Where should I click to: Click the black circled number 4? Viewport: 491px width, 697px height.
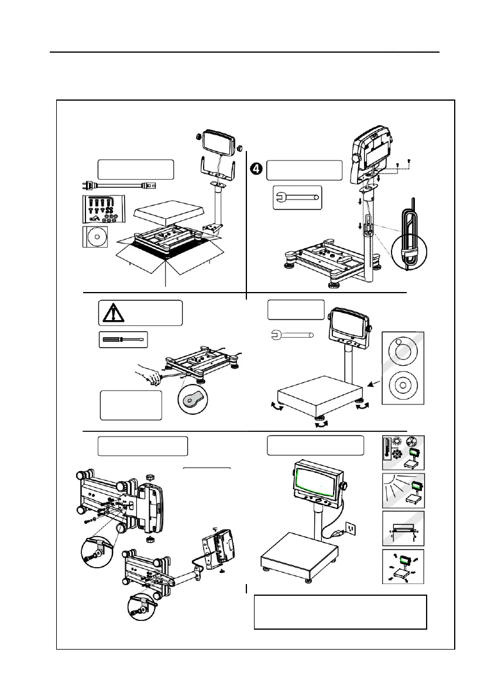256,169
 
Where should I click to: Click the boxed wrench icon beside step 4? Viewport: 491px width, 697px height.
298,197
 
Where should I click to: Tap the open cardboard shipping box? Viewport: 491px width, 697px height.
170,257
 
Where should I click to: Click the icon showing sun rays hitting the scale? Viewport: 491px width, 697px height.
403,490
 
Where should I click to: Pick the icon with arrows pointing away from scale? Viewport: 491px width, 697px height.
403,567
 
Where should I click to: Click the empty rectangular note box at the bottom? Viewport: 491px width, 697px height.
340,612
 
